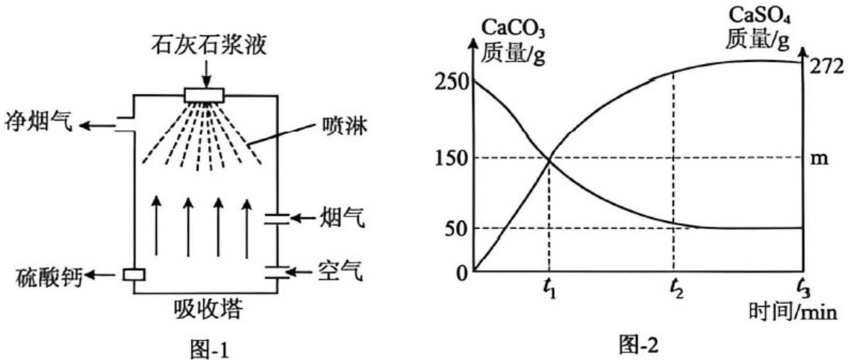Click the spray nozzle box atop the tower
tap(204, 95)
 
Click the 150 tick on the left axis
tap(451, 158)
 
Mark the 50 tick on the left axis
tap(456, 227)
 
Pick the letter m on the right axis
tap(820, 160)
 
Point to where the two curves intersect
tap(550, 159)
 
